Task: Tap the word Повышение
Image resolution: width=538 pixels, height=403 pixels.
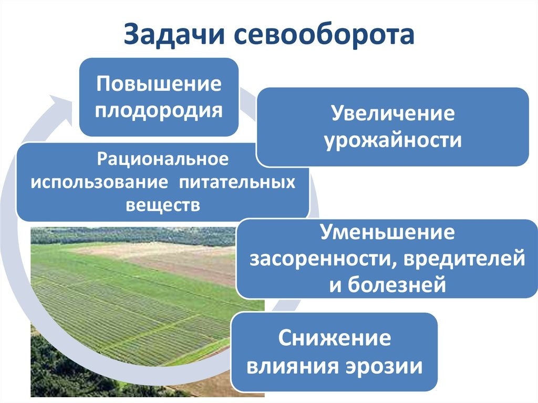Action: pyautogui.click(x=159, y=85)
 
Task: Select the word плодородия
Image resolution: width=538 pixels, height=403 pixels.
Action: pyautogui.click(x=159, y=110)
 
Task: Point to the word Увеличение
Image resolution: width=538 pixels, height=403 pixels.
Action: pyautogui.click(x=392, y=115)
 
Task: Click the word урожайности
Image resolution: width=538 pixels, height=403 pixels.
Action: pyautogui.click(x=392, y=140)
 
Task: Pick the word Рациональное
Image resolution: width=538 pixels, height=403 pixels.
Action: pyautogui.click(x=163, y=158)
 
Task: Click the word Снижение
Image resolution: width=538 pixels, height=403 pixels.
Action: pyautogui.click(x=335, y=339)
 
